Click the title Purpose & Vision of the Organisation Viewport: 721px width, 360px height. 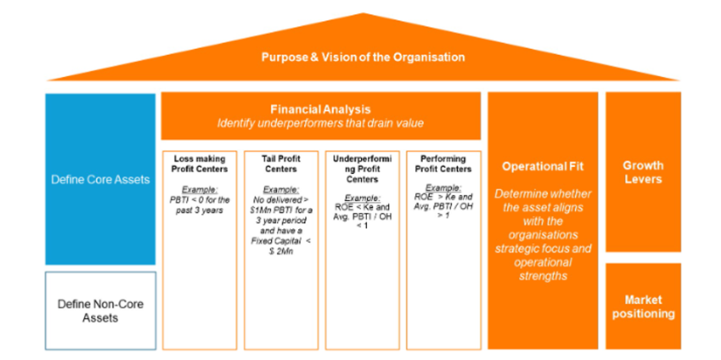tap(362, 57)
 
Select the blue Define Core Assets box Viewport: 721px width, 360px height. tap(101, 179)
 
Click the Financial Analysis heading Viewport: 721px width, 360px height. tap(320, 109)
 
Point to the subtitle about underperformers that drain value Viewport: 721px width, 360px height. tap(320, 124)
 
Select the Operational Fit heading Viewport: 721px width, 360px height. tap(543, 165)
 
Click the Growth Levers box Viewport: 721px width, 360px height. tap(643, 172)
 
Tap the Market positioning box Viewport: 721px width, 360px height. tap(643, 306)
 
